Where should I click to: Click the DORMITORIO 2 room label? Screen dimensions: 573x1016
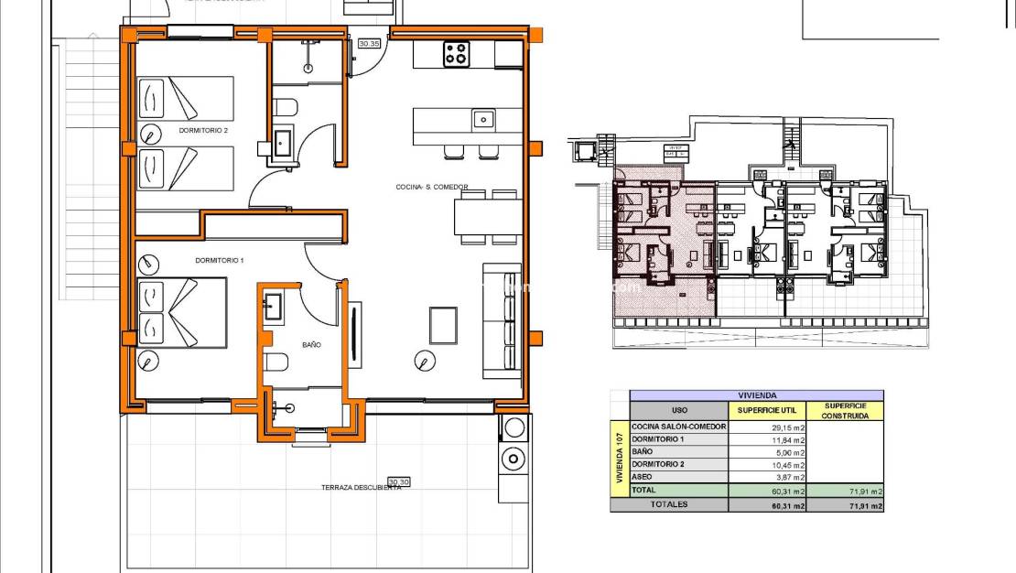tap(203, 131)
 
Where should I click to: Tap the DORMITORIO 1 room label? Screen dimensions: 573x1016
tap(219, 261)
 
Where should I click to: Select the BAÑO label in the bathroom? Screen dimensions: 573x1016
tap(311, 346)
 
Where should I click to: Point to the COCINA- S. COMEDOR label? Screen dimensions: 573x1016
tap(431, 187)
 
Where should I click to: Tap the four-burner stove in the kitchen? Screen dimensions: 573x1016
tap(457, 54)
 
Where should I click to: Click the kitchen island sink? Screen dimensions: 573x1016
tap(483, 119)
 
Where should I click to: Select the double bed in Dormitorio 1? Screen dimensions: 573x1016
tap(182, 312)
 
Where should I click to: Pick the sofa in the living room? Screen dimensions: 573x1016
tap(502, 320)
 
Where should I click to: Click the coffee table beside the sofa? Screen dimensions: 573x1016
tap(443, 322)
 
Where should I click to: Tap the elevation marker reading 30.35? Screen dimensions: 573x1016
tap(369, 43)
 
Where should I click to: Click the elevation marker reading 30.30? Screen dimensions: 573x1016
tap(398, 481)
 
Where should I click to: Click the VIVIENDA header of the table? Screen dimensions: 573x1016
tap(756, 395)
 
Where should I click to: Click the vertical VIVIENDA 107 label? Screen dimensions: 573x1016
tap(620, 459)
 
